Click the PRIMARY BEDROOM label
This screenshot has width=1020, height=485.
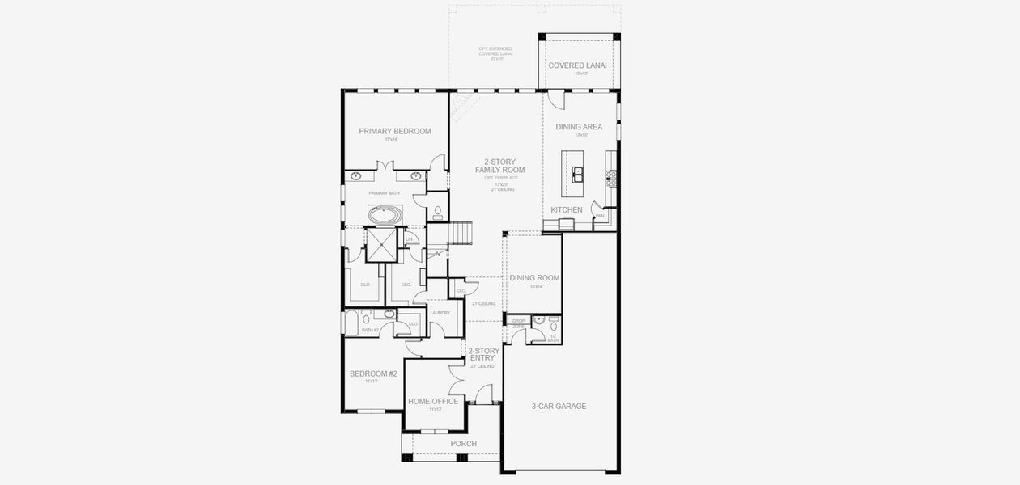pos(395,131)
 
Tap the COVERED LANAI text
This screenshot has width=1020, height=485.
pos(578,65)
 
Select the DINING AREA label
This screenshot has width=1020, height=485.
pos(579,127)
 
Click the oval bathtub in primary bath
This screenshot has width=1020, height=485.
pos(385,216)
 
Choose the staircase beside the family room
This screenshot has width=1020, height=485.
pos(460,234)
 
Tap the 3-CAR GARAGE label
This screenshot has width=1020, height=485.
pos(559,406)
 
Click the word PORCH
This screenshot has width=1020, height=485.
pos(463,444)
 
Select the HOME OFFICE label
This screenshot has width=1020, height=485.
pos(433,401)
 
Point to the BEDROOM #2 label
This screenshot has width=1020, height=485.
pos(373,373)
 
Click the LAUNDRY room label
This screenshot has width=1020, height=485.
pos(440,313)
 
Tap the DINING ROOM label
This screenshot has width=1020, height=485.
pos(534,278)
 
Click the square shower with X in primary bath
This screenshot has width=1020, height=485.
pos(381,245)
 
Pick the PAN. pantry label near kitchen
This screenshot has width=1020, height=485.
pos(600,216)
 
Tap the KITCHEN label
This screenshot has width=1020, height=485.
pos(567,210)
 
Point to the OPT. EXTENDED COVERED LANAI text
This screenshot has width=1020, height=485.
pos(495,53)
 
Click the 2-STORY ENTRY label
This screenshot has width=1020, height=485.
pos(484,354)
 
